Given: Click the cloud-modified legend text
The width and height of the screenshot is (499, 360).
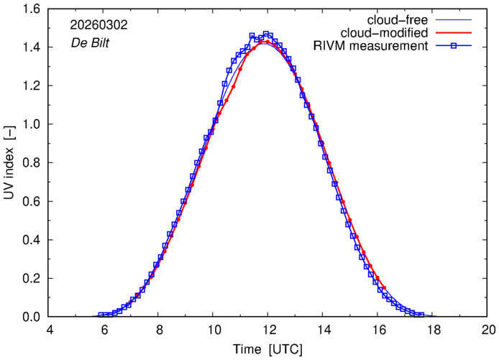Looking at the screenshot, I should coord(389,33).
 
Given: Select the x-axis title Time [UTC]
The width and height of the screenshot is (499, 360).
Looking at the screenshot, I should coord(267,350).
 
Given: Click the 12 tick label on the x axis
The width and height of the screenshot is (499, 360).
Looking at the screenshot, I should coord(267,331).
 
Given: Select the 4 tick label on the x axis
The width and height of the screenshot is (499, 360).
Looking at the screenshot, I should coord(49,331).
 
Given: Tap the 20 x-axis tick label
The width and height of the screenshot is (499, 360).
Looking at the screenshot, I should coord(487,331).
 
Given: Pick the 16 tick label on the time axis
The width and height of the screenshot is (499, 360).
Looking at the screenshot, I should coord(377,331).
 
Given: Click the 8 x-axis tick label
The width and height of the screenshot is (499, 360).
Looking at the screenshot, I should coord(159,331).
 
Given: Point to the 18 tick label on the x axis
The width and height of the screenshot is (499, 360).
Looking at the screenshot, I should coord(433,331).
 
